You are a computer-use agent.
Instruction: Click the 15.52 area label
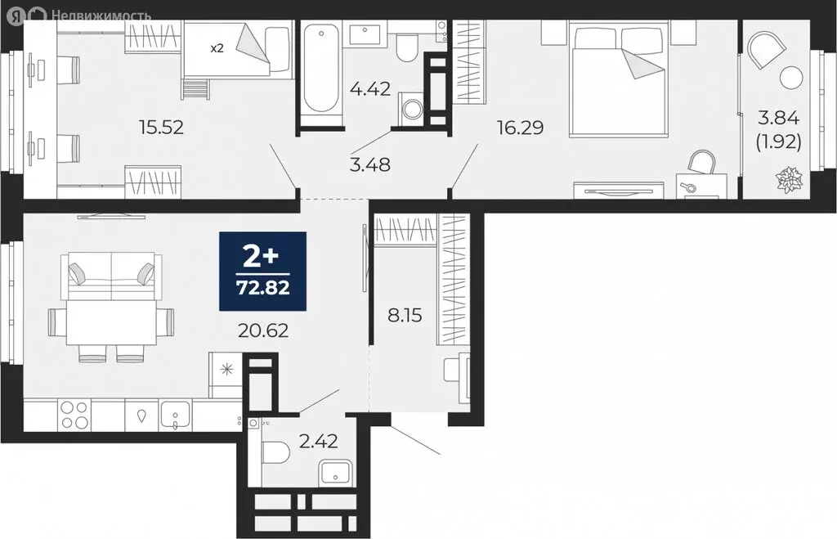pyautogui.click(x=161, y=127)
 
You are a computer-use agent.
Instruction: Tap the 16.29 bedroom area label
pyautogui.click(x=520, y=128)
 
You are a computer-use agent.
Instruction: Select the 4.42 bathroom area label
pyautogui.click(x=370, y=88)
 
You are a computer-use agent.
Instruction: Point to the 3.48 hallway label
pyautogui.click(x=370, y=164)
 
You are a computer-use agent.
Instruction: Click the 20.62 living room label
pyautogui.click(x=263, y=330)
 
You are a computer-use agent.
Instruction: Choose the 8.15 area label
pyautogui.click(x=405, y=315)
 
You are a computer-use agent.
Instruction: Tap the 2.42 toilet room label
pyautogui.click(x=319, y=441)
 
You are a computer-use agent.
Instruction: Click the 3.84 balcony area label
pyautogui.click(x=778, y=118)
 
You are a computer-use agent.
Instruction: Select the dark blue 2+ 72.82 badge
pyautogui.click(x=262, y=272)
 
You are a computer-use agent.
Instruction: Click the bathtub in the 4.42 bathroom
pyautogui.click(x=320, y=67)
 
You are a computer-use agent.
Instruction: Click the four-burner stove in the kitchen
pyautogui.click(x=74, y=415)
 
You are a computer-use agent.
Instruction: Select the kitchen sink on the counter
pyautogui.click(x=175, y=415)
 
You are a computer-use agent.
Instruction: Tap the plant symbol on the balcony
pyautogui.click(x=789, y=181)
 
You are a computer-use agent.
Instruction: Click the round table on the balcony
pyautogui.click(x=790, y=78)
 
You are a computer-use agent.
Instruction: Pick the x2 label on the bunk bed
pyautogui.click(x=216, y=48)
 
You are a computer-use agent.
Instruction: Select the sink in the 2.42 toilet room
pyautogui.click(x=335, y=474)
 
